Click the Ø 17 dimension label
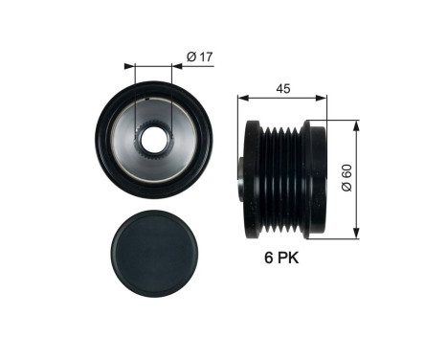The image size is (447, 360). click(198, 57)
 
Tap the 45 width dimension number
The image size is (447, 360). click(281, 87)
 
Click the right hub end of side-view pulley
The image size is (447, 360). click(316, 176)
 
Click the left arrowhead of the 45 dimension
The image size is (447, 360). click(241, 97)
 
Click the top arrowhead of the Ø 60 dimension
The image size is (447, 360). click(356, 124)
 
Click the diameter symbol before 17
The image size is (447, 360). click(190, 57)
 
